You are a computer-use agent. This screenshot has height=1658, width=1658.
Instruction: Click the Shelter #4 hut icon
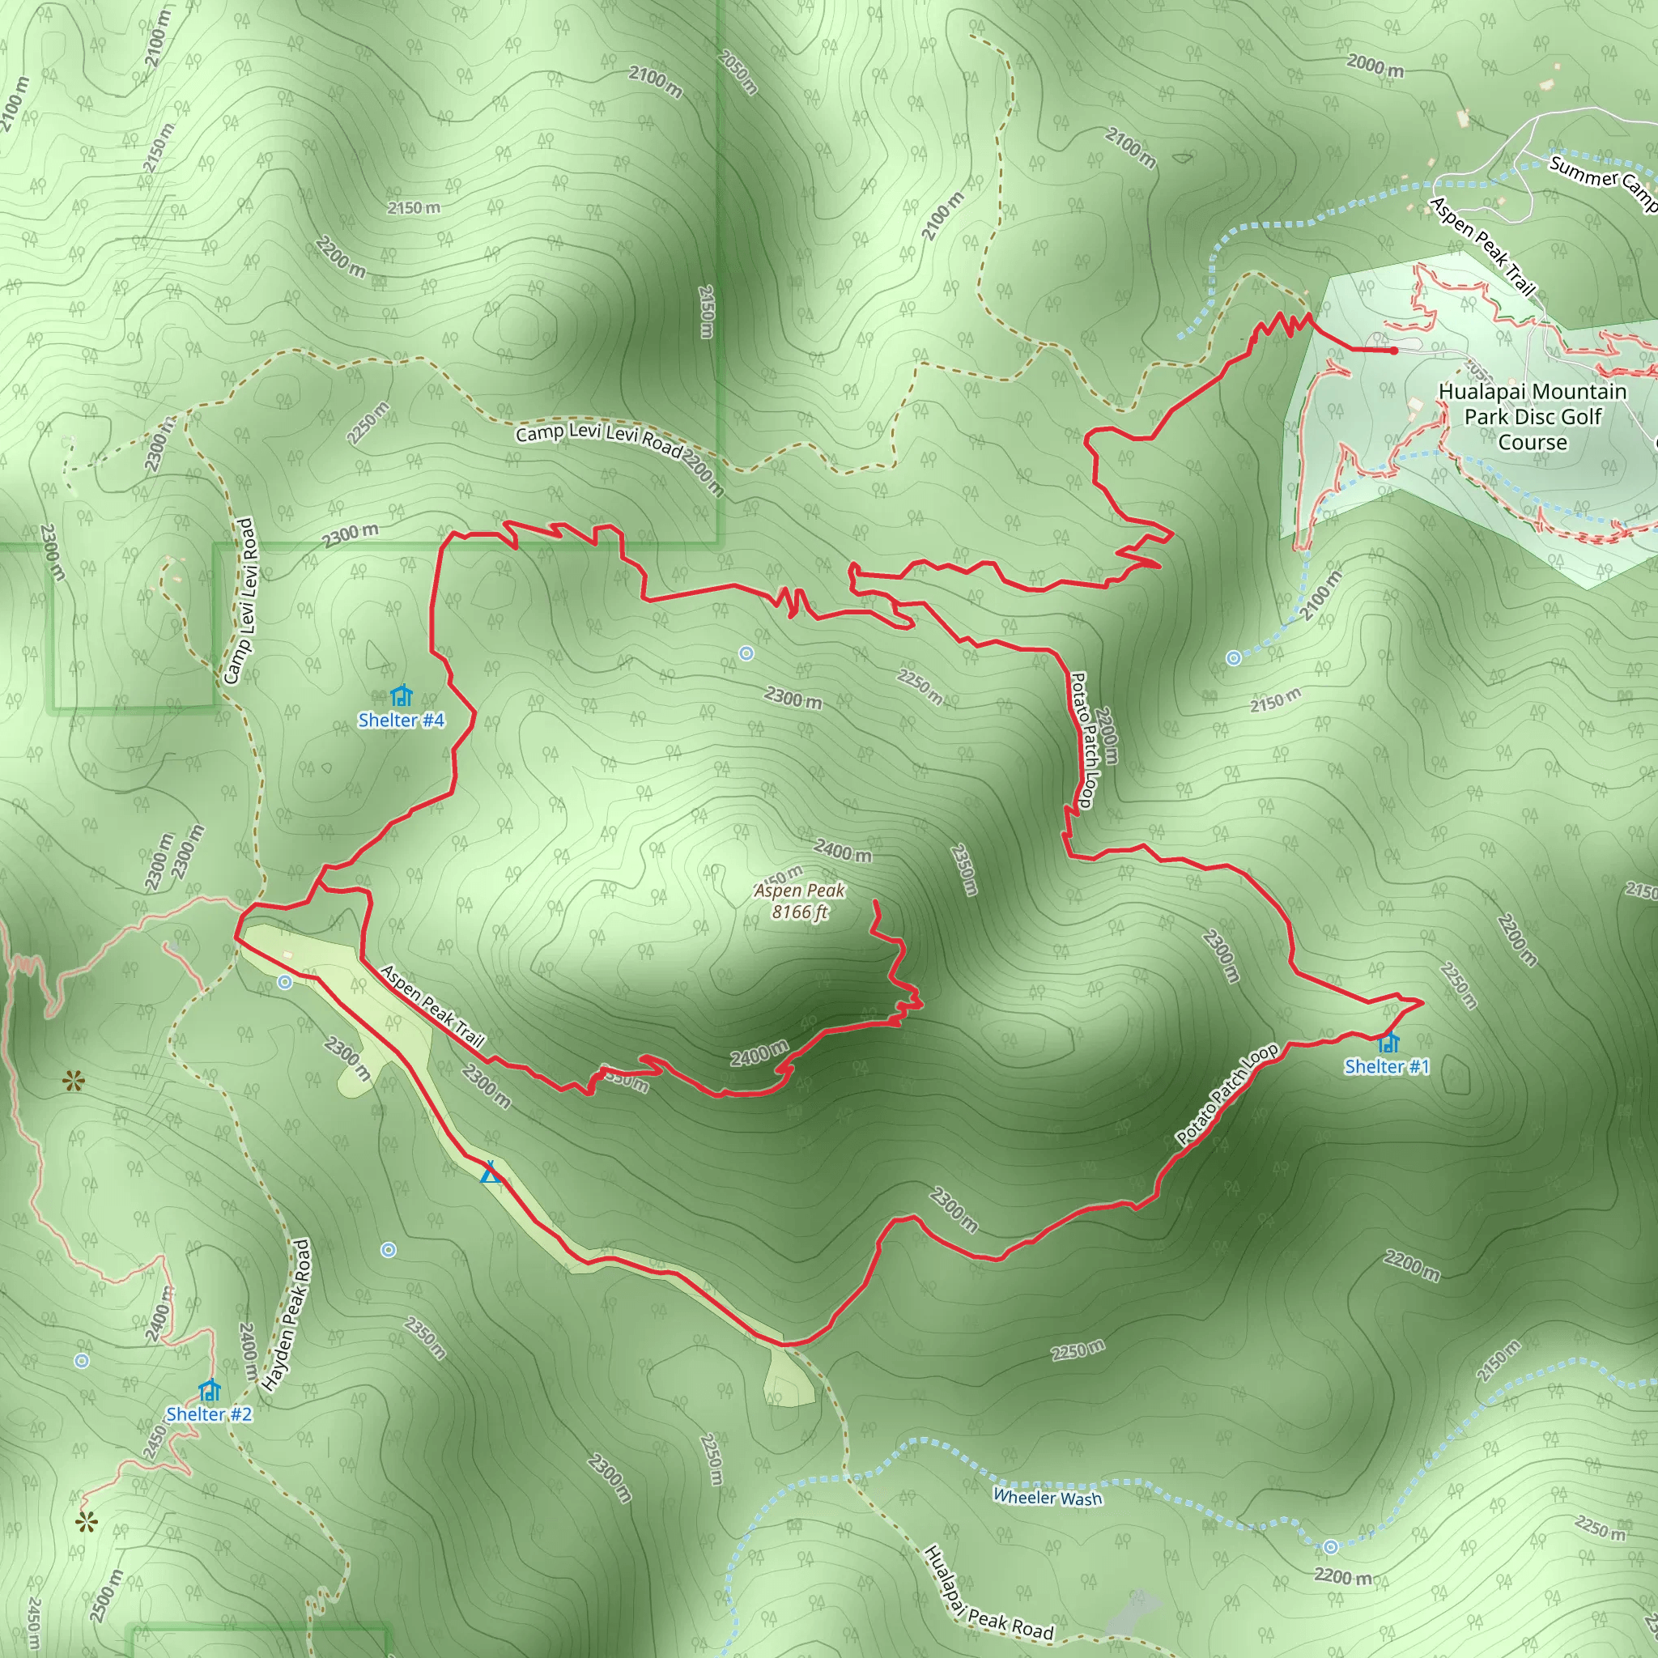click(401, 695)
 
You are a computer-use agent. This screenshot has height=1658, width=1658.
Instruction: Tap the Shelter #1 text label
click(1387, 1067)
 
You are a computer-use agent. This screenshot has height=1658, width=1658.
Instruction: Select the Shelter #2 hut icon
click(210, 1389)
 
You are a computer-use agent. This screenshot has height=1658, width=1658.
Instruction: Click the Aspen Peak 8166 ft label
click(799, 901)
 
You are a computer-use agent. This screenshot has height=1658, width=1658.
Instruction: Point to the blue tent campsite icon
click(490, 1171)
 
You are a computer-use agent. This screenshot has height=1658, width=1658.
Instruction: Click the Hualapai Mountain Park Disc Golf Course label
click(1532, 417)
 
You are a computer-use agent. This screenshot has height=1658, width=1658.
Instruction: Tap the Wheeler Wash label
click(1047, 1499)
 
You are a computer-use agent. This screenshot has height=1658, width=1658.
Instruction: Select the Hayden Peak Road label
click(287, 1315)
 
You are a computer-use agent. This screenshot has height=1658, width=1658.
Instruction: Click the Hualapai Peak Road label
click(988, 1595)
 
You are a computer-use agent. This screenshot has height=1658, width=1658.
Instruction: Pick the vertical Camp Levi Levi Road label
click(240, 601)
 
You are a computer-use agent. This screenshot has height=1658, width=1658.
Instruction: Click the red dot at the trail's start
click(1395, 350)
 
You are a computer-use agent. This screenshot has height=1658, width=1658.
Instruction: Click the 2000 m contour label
click(1375, 66)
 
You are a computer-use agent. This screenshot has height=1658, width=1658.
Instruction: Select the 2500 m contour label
click(105, 1596)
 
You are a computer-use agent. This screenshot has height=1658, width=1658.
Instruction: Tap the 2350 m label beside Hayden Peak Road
click(426, 1338)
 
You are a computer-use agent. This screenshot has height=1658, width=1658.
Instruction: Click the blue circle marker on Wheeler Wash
click(1330, 1546)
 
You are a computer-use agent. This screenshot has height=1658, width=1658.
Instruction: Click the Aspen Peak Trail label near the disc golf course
click(1482, 245)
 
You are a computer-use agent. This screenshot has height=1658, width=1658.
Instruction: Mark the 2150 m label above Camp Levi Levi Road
click(413, 208)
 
